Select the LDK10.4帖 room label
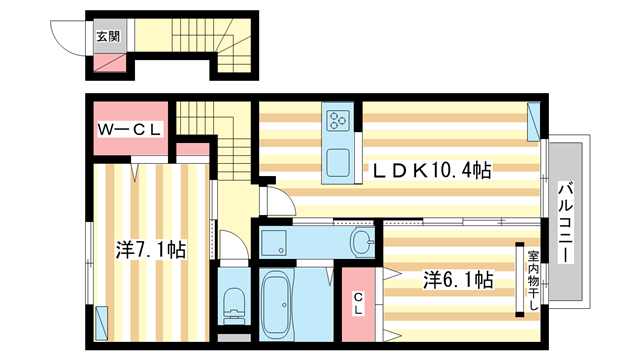(432, 171)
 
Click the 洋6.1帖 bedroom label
(456, 280)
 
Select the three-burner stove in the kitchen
(337, 122)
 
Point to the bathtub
(275, 304)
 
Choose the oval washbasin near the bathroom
(362, 242)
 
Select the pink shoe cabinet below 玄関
(108, 63)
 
